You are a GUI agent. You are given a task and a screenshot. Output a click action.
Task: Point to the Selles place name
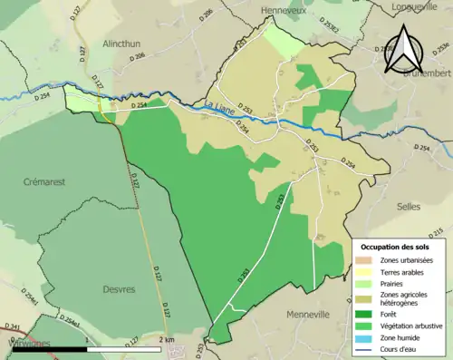(x=409, y=207)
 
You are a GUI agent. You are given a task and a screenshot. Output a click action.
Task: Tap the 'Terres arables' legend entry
(x=400, y=272)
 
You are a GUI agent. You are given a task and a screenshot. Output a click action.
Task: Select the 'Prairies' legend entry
(x=394, y=284)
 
